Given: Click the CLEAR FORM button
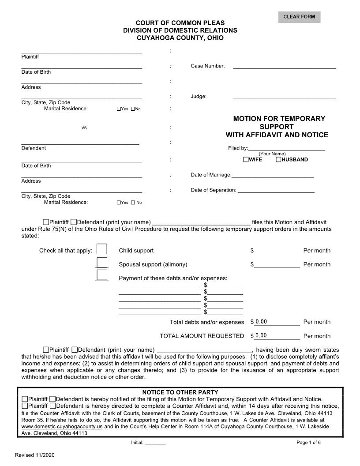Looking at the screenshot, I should point(299,17).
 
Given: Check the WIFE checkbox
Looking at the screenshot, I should point(246,159).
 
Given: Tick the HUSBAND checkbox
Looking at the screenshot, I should point(278,159).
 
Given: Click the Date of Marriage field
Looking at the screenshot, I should point(273,174).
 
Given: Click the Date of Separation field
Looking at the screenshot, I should point(276,190).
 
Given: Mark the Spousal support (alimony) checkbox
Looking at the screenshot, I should point(102,263).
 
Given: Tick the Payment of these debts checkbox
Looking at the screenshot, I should point(102,275).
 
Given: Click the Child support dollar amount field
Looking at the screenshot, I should point(277,251).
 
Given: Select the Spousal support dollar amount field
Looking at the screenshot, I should point(277,264).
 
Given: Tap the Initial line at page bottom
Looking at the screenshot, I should point(155,442).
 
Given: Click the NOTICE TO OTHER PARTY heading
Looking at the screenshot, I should point(180,392).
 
